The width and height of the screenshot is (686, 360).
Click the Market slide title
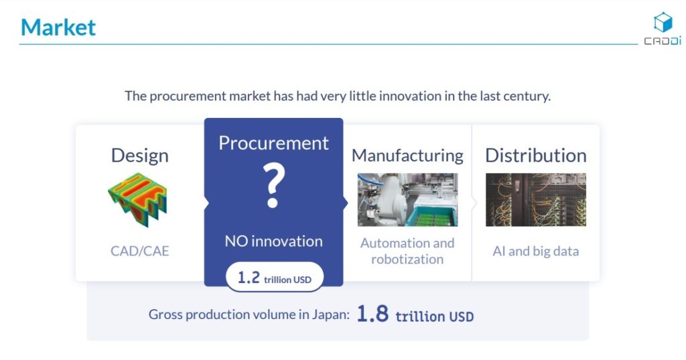tap(58, 27)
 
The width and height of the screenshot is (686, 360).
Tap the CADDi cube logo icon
tap(663, 22)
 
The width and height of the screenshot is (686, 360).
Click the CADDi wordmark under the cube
tap(663, 41)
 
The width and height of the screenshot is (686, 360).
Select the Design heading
tap(139, 156)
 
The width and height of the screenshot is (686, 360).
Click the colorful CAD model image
tap(138, 200)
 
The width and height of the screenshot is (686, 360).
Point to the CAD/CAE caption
tap(139, 251)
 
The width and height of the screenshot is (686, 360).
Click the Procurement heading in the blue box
tap(273, 143)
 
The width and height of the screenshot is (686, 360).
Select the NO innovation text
tap(273, 241)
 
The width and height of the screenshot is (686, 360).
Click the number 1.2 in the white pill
tap(249, 278)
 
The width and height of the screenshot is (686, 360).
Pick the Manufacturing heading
tap(407, 156)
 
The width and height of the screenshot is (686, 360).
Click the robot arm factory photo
tap(408, 200)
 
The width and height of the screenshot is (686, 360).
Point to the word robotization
tap(407, 259)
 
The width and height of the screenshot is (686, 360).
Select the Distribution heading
tap(536, 156)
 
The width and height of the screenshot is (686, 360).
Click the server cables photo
tap(536, 200)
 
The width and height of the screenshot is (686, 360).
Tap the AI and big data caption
tap(536, 251)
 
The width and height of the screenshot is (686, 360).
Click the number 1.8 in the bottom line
tap(372, 314)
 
